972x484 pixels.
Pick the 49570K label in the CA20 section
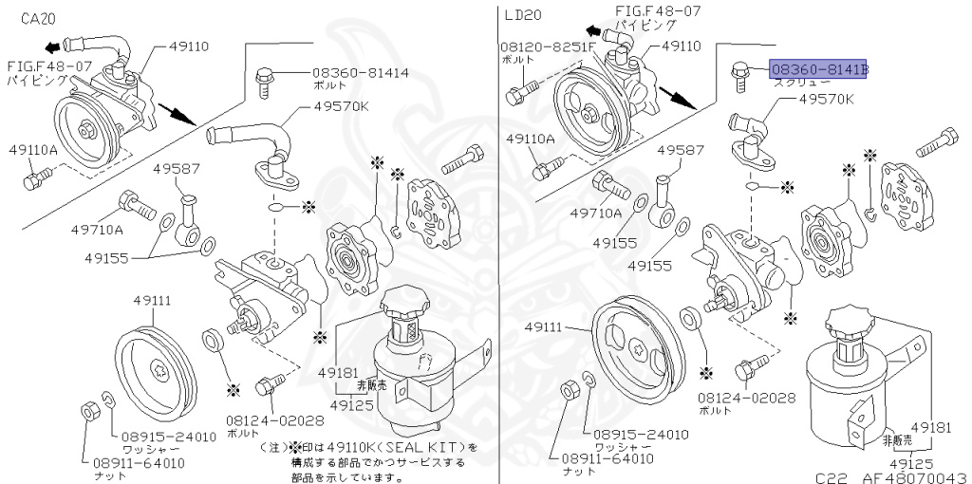(339, 106)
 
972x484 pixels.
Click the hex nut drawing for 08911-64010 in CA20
(86, 410)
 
